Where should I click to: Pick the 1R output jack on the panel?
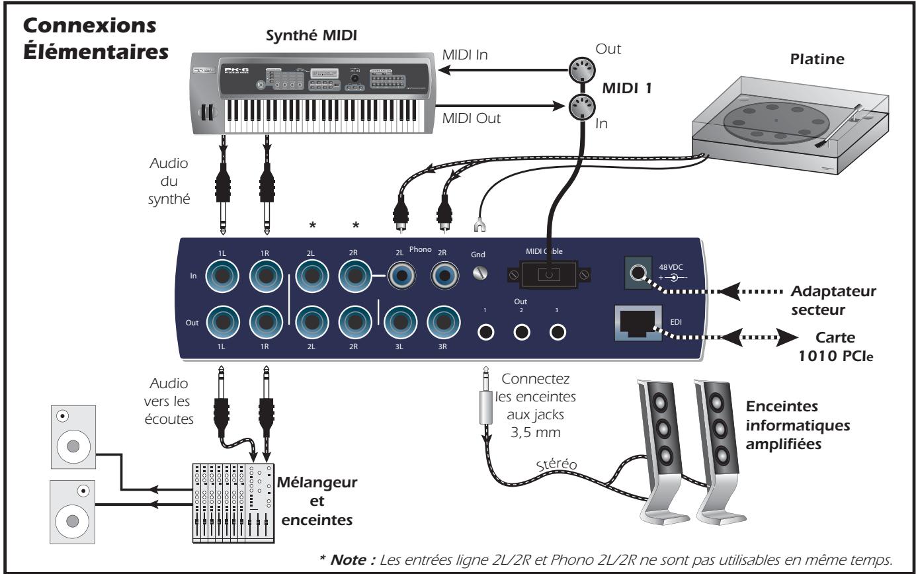[x=267, y=323]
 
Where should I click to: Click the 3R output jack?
[x=443, y=323]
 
